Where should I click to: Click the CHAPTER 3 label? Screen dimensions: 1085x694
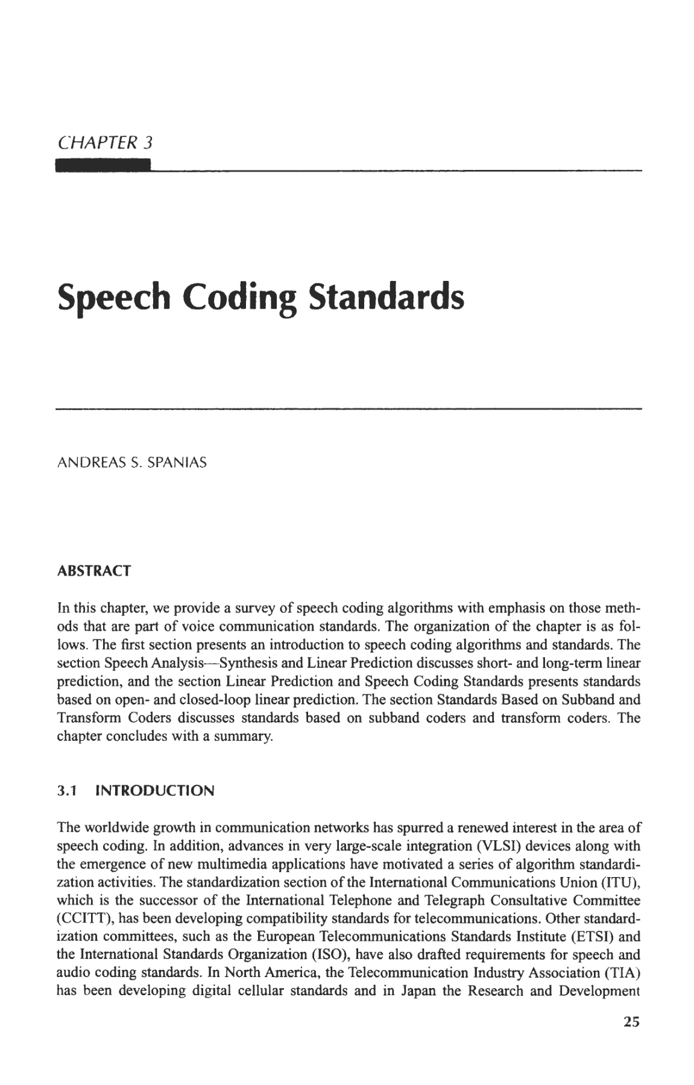pos(105,143)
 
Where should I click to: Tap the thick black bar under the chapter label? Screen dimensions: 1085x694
pos(103,166)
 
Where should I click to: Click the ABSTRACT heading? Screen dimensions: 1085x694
pos(93,571)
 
